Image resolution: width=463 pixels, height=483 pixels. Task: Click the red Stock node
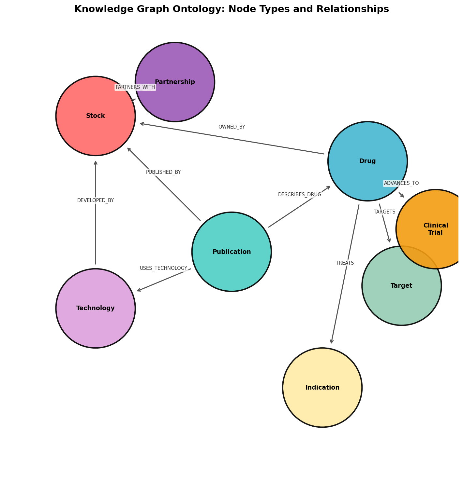pos(96,116)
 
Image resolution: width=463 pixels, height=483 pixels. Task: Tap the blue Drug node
pos(367,161)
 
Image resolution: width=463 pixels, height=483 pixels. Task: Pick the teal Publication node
pos(231,252)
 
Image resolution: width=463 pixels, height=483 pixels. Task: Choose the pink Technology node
pos(96,308)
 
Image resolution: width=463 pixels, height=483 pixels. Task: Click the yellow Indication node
pos(322,388)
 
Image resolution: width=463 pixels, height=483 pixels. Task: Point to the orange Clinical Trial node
pos(436,229)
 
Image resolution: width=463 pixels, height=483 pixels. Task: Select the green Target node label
pos(401,286)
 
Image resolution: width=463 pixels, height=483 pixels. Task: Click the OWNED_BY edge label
pos(231,127)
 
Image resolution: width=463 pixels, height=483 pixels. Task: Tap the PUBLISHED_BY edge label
pos(163,172)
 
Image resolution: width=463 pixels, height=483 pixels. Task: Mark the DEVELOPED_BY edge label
pos(96,200)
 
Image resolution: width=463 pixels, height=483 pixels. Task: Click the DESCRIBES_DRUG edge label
pos(300,195)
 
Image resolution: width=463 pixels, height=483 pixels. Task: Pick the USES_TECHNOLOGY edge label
pos(163,268)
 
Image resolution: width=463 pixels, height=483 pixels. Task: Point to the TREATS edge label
pos(345,263)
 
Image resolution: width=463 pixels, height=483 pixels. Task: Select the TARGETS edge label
pos(384,212)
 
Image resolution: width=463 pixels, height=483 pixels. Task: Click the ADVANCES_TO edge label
pos(401,183)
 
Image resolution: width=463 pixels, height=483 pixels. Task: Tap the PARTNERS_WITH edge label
pos(135,87)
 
